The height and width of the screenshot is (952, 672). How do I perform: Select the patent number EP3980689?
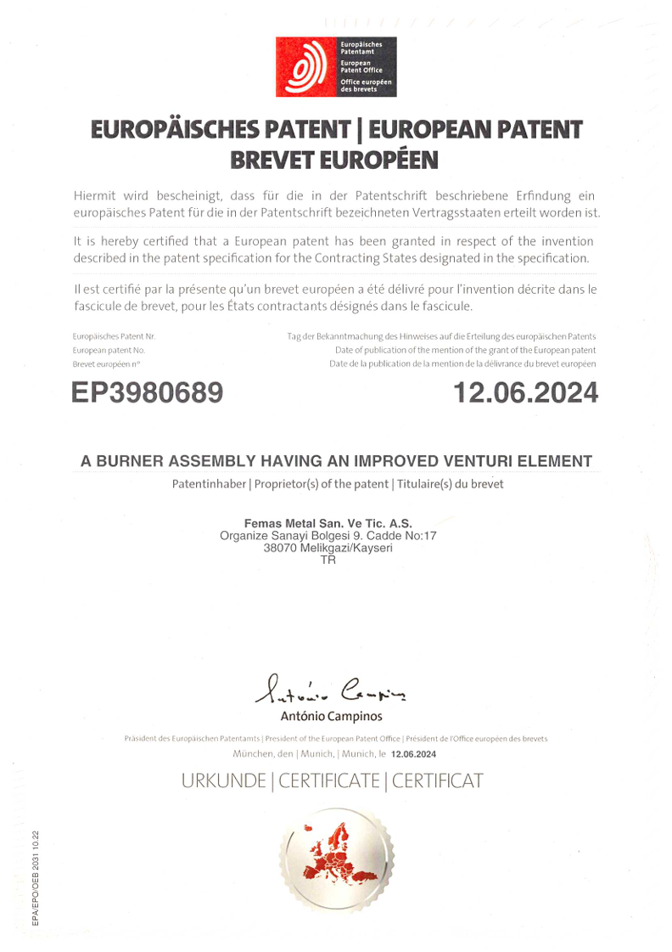pos(148,392)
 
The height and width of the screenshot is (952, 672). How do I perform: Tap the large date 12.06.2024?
pos(525,392)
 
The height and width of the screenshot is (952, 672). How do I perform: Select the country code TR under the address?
pos(328,560)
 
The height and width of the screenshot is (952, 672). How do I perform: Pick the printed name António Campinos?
pos(332,718)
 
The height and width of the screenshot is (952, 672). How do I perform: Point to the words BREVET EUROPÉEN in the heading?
pos(336,158)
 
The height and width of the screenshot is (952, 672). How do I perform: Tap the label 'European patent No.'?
pos(109,350)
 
